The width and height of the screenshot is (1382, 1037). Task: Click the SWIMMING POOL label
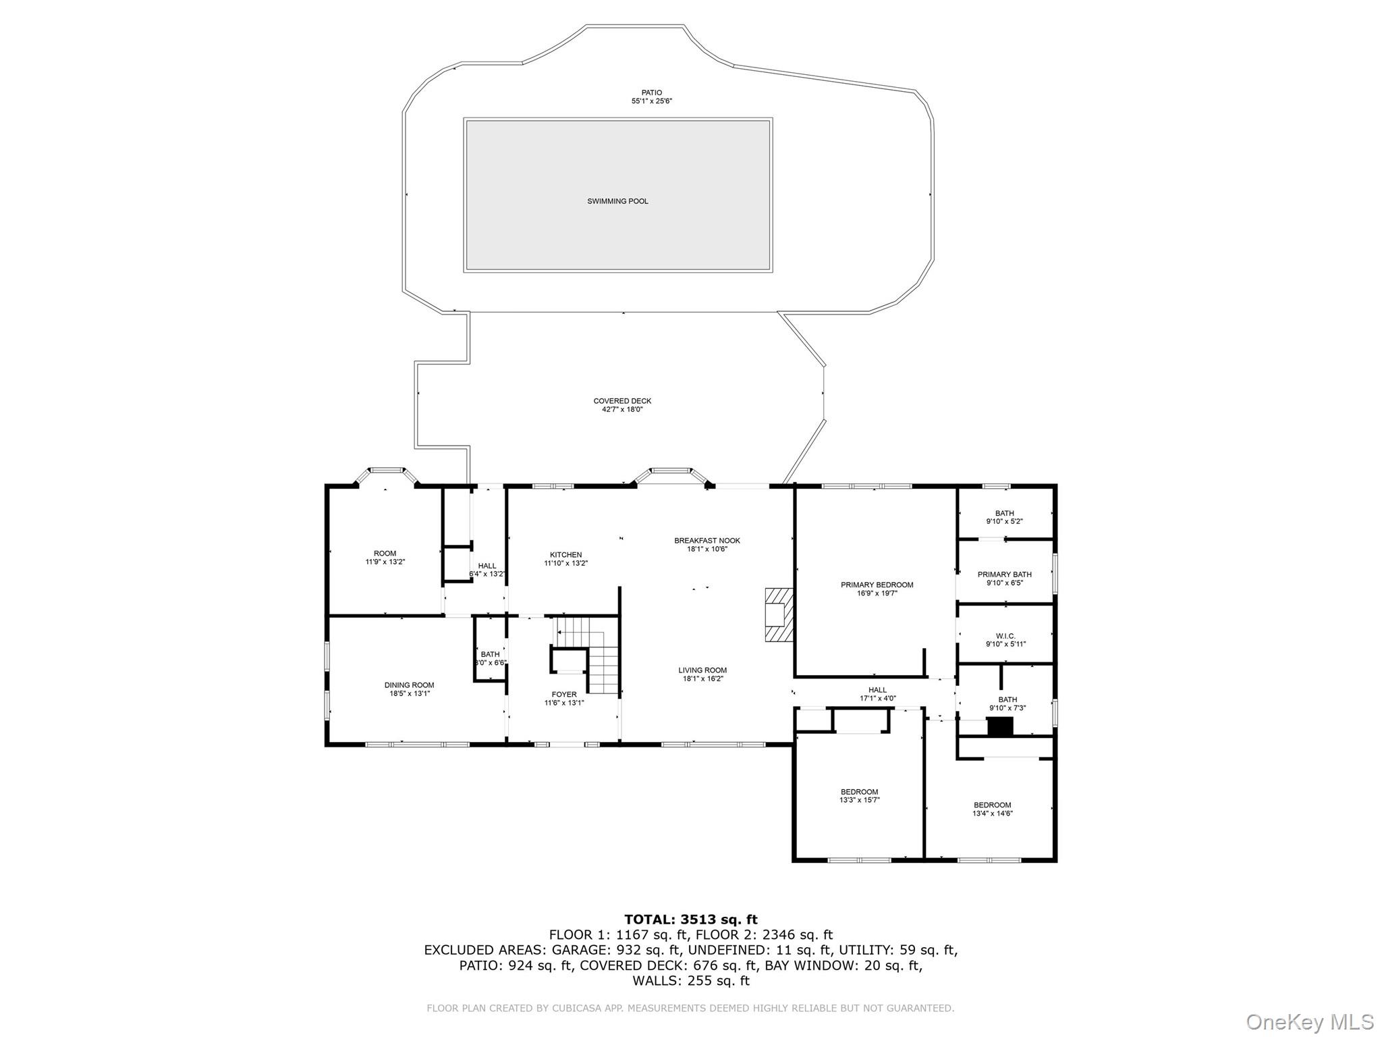[617, 201]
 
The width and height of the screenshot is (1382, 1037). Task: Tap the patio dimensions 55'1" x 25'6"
[651, 101]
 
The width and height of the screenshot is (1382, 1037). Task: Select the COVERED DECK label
[622, 401]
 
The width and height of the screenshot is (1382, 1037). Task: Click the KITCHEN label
[565, 555]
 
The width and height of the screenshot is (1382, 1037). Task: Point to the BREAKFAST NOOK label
[707, 541]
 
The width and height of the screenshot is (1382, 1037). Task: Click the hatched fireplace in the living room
[778, 614]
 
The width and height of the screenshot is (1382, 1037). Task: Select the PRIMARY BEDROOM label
[877, 585]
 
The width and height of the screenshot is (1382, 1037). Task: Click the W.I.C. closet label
[1005, 636]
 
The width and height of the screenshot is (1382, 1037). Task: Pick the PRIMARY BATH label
[1005, 575]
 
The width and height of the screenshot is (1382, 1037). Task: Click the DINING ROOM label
[409, 685]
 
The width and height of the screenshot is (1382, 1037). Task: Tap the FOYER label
[564, 694]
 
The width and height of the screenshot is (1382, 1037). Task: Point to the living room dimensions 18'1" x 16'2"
[702, 679]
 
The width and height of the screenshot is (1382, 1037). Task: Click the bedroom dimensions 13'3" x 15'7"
[859, 800]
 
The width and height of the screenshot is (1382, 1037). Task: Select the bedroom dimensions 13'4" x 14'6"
[992, 814]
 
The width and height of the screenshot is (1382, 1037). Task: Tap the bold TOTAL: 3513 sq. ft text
[690, 919]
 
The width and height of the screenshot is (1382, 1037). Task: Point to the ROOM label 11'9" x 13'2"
[385, 558]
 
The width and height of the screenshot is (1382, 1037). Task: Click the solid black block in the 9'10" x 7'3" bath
[1000, 726]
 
